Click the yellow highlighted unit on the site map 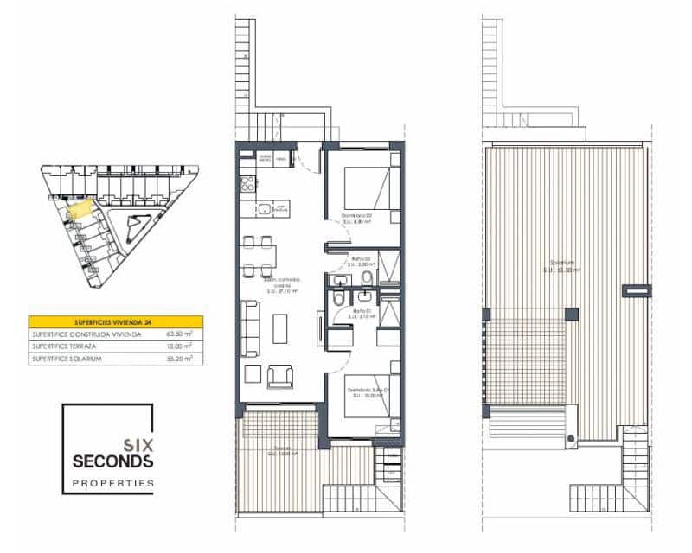79,208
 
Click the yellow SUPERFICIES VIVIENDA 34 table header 116,321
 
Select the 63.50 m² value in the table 178,333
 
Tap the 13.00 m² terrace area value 178,345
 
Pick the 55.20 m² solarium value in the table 178,357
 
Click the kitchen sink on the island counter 262,207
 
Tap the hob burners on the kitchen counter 247,183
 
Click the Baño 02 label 361,258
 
